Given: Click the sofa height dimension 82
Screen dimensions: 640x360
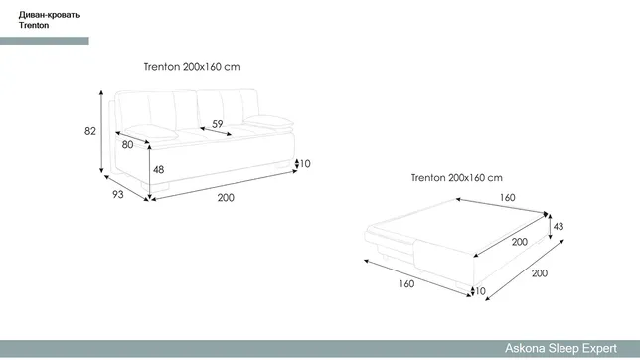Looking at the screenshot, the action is (90, 131).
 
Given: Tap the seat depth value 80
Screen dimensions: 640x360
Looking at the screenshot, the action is (128, 144).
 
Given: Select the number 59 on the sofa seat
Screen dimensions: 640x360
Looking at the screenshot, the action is (218, 124).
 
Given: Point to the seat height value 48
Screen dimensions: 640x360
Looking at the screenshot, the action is (158, 169).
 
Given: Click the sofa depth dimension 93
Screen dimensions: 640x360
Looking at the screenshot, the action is (118, 195).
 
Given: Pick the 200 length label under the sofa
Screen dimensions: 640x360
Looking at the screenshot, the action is (226, 198).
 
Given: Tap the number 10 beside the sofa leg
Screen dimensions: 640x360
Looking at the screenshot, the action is (305, 164).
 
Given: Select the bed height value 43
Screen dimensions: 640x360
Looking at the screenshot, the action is (559, 226).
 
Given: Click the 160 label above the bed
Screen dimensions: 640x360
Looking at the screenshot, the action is (508, 197).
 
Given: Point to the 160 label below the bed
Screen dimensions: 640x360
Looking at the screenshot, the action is (406, 284).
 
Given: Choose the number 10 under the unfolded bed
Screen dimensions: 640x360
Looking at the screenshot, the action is (480, 291).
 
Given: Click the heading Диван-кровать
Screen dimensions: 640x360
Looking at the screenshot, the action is (49, 15).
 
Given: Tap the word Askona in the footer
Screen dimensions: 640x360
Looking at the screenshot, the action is (525, 348).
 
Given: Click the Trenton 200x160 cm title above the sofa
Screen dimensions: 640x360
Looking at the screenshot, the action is (192, 67).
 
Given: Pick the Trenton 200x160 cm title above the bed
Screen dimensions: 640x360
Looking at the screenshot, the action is (457, 178).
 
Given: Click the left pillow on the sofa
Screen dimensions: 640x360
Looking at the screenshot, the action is (151, 132).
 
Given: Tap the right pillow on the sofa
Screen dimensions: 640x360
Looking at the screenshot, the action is (268, 121).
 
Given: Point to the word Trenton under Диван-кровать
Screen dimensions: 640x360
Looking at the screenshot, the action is (34, 25).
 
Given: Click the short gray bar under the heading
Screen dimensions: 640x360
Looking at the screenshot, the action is (45, 41).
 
